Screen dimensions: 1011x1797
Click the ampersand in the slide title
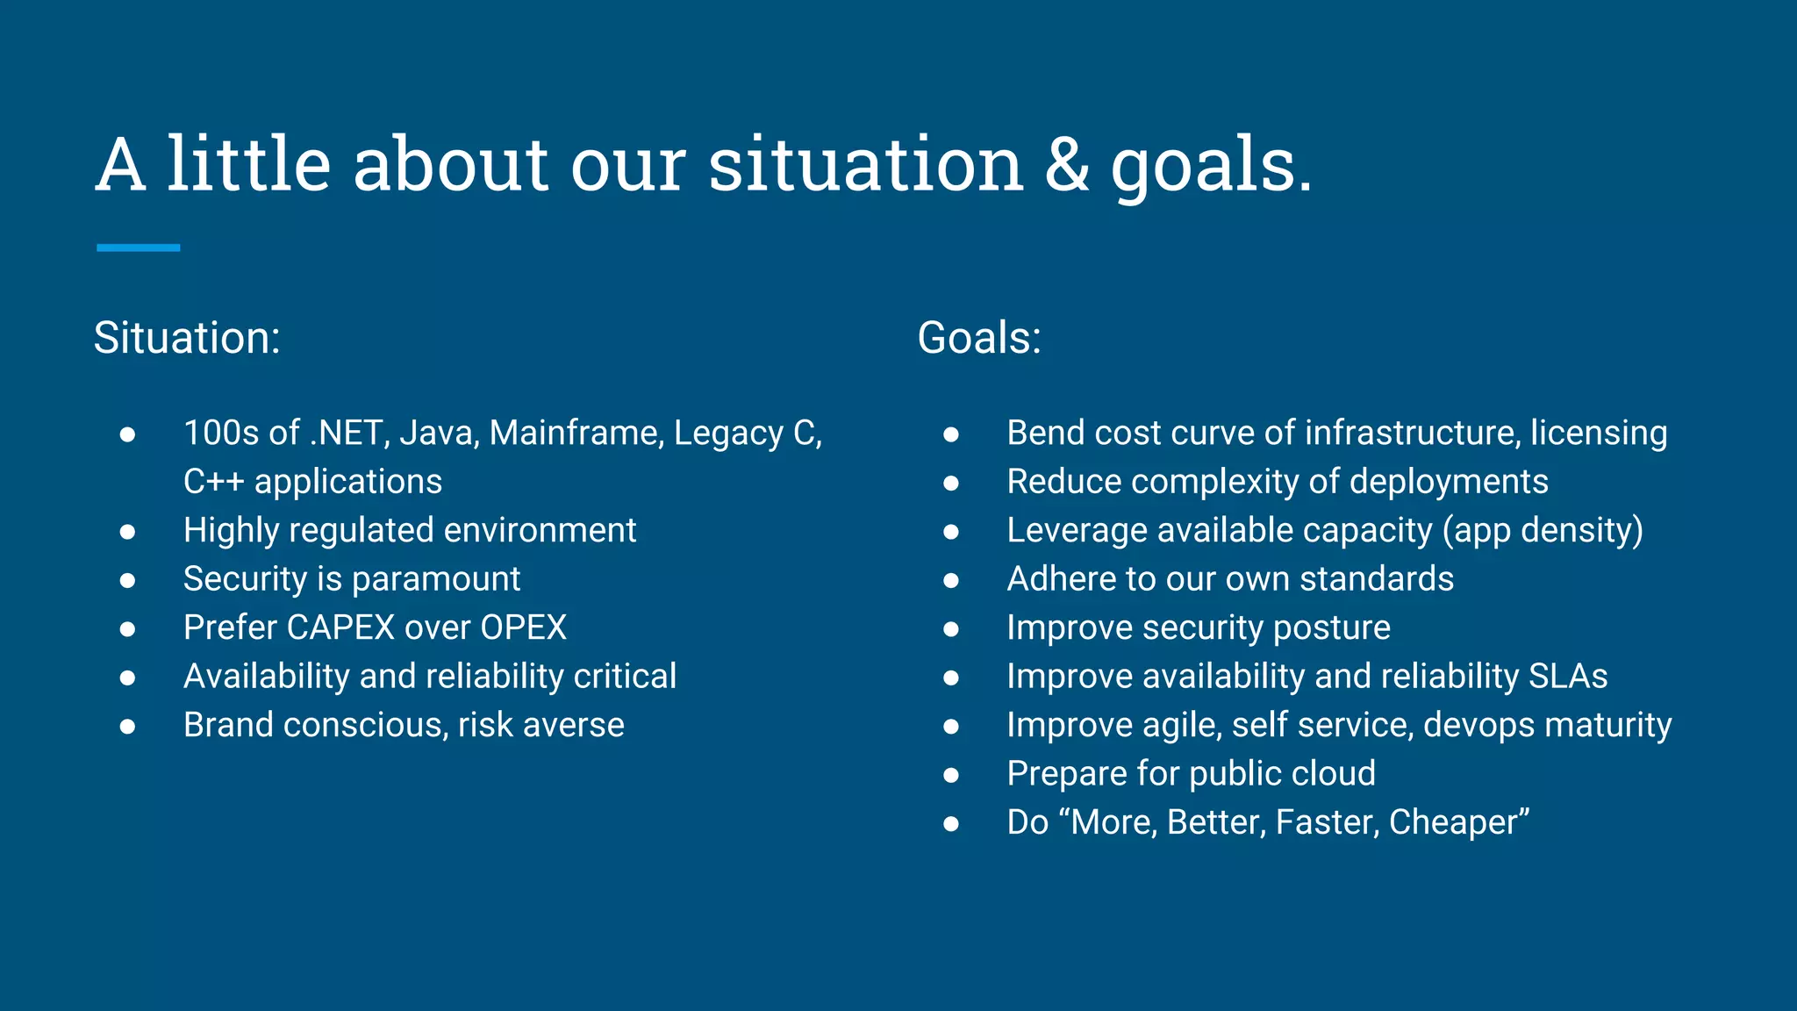tap(1067, 166)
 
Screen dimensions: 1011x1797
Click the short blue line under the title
tap(139, 248)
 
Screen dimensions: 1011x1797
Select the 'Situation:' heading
tap(187, 338)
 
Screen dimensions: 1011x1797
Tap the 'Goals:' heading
tap(979, 338)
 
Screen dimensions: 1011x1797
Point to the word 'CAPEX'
tap(340, 628)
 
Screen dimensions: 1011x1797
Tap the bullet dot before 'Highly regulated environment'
tap(128, 532)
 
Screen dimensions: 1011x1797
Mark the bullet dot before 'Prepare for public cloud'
tap(951, 775)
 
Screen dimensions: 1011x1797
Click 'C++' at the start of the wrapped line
tap(213, 483)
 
